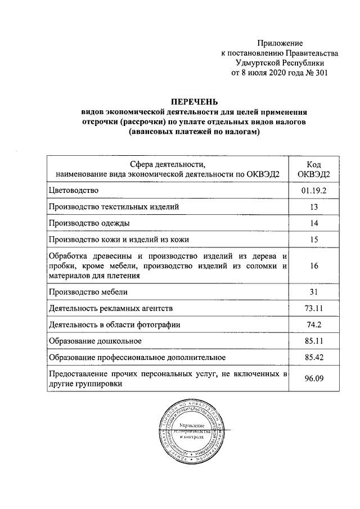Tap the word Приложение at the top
click(280, 43)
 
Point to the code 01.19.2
click(313, 192)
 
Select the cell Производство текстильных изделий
click(114, 208)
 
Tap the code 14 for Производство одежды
click(313, 223)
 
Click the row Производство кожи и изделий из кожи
click(119, 240)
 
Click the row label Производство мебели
click(88, 292)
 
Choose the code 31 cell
click(313, 292)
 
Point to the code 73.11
click(313, 308)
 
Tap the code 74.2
click(313, 325)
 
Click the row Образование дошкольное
click(95, 341)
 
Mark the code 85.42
click(313, 357)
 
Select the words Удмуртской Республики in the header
click(280, 63)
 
